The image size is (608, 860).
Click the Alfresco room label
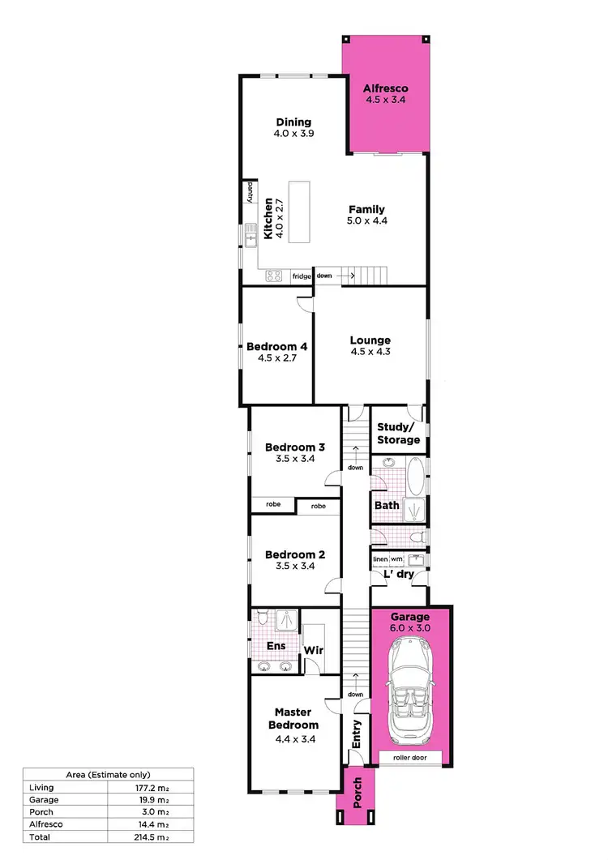[385, 89]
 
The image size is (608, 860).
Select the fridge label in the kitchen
[302, 276]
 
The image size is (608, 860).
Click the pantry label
[250, 191]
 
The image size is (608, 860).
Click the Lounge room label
[370, 340]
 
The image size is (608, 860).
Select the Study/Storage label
[399, 433]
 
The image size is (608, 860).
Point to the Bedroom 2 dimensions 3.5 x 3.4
[295, 567]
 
